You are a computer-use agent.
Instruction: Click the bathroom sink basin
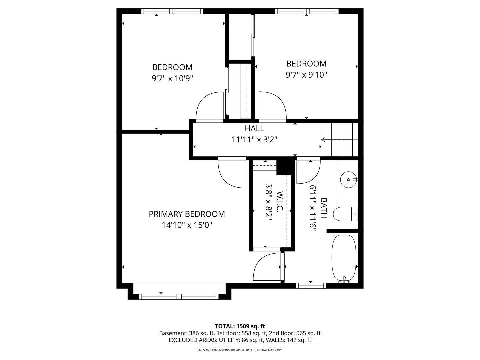tap(348, 180)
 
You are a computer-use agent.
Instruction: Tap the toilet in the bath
tap(345, 214)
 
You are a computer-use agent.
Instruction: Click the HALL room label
tap(254, 128)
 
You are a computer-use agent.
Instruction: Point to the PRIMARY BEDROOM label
tap(187, 214)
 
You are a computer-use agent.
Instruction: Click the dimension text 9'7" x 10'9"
tap(172, 78)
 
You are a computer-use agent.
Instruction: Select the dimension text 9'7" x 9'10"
tap(306, 75)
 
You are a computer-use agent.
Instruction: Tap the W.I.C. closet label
tap(280, 201)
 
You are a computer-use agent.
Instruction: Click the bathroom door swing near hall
tap(308, 170)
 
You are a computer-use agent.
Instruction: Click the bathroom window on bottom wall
tap(311, 286)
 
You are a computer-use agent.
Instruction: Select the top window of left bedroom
tap(172, 11)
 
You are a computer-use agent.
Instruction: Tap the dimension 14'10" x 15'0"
tap(187, 225)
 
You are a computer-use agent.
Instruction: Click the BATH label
tap(324, 208)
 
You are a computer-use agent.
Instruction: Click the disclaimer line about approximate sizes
tap(240, 350)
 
